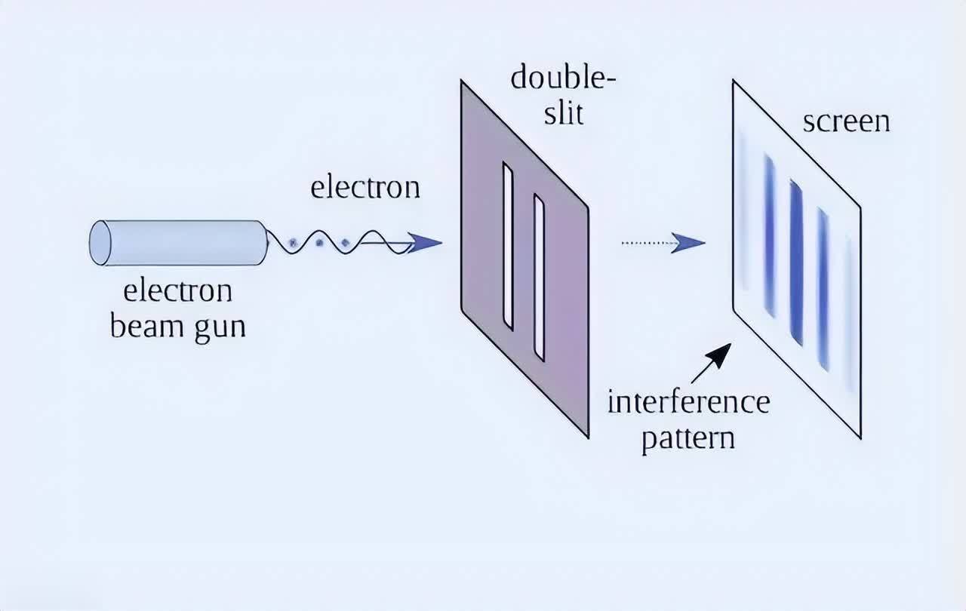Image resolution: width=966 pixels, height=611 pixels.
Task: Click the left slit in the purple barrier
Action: (508, 247)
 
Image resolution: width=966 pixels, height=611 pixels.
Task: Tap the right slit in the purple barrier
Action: (539, 277)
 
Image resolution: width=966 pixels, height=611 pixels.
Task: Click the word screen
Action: (845, 121)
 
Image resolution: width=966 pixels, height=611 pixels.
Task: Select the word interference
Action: (688, 401)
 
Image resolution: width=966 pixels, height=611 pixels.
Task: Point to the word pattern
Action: (688, 438)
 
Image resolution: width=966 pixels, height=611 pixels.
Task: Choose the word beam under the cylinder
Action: (144, 327)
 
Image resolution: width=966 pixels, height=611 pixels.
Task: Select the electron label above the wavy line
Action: (365, 187)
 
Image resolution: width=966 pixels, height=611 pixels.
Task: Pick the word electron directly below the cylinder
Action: (177, 290)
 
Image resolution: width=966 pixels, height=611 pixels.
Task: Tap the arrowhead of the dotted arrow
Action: (688, 243)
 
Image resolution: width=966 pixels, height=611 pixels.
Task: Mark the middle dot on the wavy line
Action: (319, 243)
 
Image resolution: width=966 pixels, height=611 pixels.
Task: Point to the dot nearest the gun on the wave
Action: (294, 243)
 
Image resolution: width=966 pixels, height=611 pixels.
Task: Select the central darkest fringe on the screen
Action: (795, 262)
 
